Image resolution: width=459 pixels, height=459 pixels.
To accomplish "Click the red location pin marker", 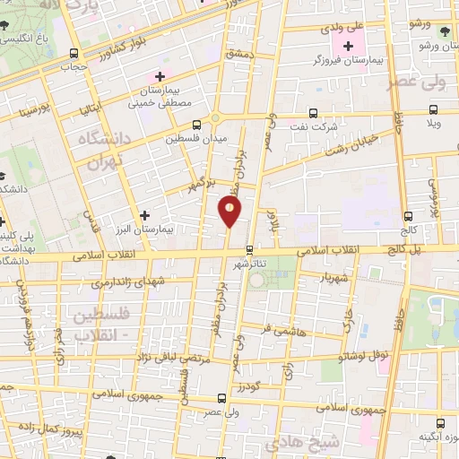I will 230,212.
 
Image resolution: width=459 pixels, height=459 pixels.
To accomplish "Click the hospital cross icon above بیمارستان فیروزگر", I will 347,45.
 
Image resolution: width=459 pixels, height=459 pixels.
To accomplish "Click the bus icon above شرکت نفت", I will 313,113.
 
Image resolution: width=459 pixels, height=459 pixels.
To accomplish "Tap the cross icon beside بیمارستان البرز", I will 145,214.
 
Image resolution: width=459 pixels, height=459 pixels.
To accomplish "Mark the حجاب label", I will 73,65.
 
